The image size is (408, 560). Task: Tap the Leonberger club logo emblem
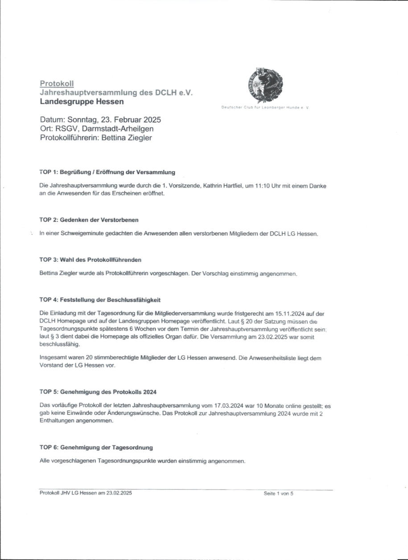(264, 85)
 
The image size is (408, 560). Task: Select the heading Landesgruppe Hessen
(82, 102)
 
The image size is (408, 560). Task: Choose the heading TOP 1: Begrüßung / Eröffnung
(107, 172)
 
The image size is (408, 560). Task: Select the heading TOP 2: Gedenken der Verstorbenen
(89, 220)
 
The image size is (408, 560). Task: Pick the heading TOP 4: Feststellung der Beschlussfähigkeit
(100, 300)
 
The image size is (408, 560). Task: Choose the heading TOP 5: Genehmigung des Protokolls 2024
(98, 392)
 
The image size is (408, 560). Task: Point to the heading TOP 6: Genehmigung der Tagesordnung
(96, 447)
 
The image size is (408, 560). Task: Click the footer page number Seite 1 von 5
(278, 493)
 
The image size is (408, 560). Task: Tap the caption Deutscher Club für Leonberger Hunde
(265, 108)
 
